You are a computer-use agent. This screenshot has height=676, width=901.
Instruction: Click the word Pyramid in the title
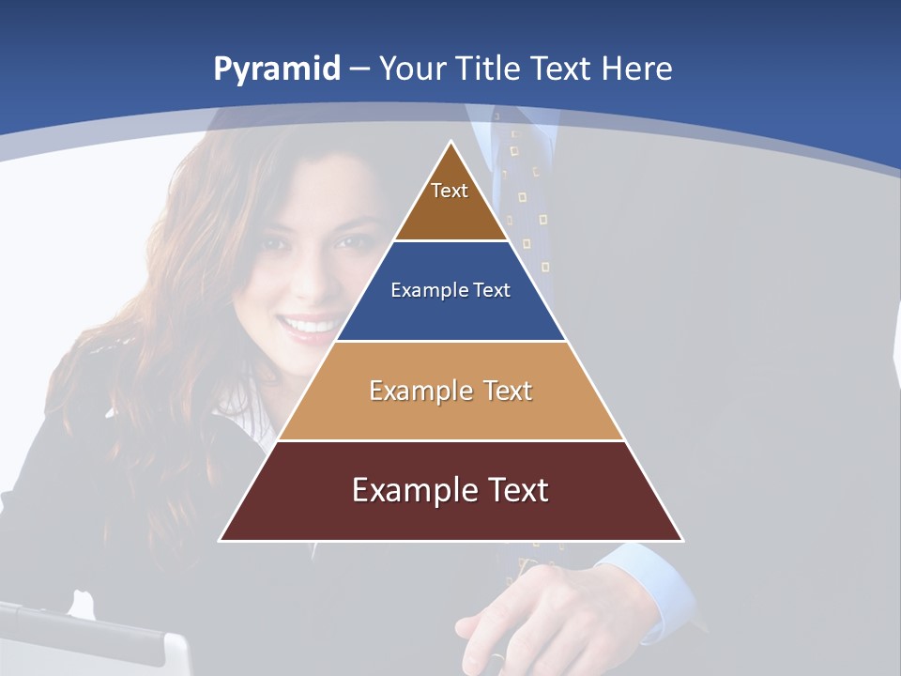[x=276, y=69]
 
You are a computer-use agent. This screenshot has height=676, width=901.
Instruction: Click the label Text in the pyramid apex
[x=450, y=191]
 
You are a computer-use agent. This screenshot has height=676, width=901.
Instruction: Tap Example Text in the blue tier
[x=450, y=290]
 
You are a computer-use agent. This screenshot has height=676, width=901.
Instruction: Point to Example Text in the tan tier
[x=450, y=391]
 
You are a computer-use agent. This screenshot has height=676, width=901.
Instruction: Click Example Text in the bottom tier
[x=450, y=490]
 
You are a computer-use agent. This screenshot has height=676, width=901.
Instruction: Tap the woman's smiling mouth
[x=311, y=325]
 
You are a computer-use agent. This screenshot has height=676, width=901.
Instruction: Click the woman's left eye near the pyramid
[x=349, y=242]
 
